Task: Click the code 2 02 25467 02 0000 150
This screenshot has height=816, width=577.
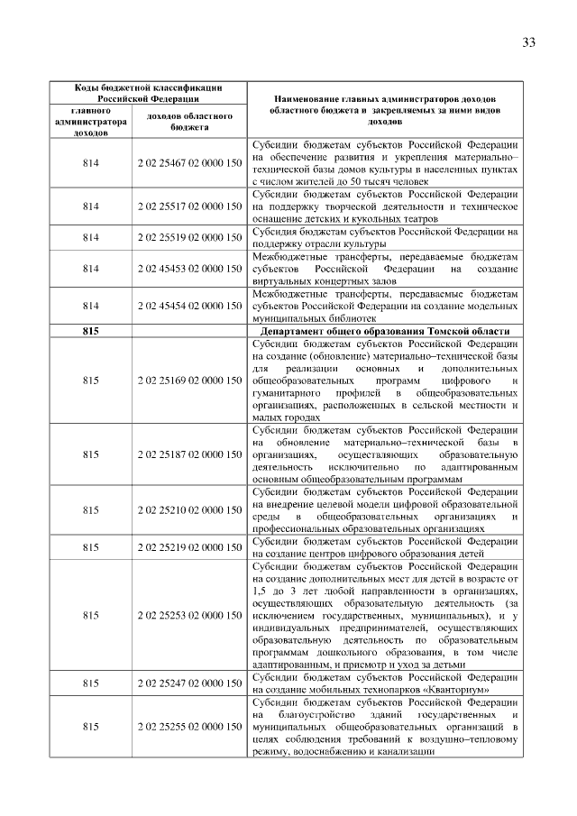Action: coord(189,162)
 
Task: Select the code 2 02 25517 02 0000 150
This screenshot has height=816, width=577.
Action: coord(189,206)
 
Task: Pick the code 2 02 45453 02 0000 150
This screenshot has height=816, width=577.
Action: coord(189,269)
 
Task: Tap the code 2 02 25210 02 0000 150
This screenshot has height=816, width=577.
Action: coord(189,510)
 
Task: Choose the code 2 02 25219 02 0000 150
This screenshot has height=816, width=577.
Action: coord(189,547)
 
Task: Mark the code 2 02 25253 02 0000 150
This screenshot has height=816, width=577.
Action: coord(189,615)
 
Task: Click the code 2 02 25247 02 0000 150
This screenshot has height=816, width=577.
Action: coord(189,683)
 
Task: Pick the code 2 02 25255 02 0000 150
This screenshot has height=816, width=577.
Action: coord(189,727)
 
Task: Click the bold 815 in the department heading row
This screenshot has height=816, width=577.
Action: coord(90,331)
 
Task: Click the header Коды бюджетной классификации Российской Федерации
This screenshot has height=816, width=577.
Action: coord(147,92)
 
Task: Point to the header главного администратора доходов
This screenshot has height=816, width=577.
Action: coord(90,122)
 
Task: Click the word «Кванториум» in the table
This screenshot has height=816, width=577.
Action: coord(445,690)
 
